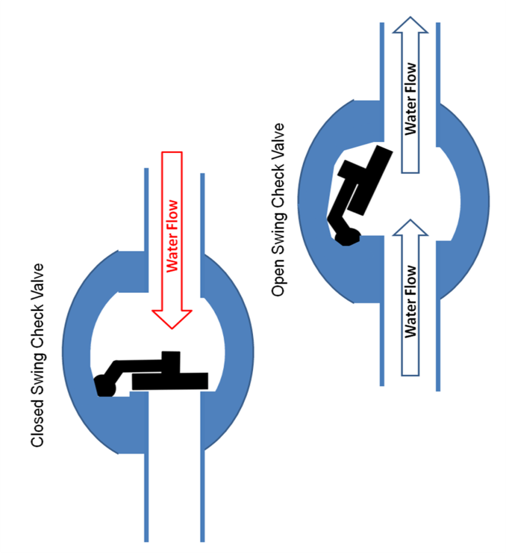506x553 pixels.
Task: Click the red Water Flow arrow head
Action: [x=172, y=317]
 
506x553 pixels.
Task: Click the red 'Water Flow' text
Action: [x=172, y=236]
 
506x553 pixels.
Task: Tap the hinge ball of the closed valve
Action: [x=105, y=386]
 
